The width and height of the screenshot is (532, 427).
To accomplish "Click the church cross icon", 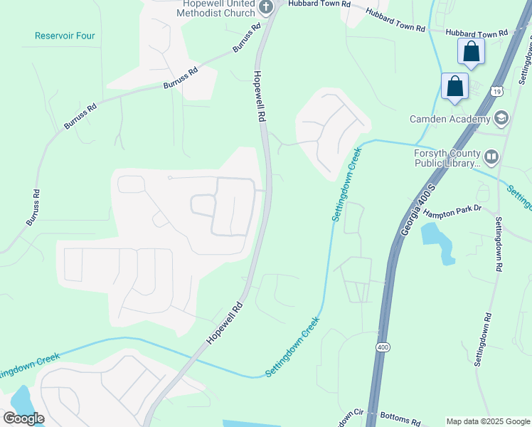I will tap(266, 8).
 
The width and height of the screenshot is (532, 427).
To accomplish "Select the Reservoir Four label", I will tap(65, 36).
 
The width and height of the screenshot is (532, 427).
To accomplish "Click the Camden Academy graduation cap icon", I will tap(501, 118).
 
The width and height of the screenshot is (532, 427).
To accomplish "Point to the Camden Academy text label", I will tap(449, 119).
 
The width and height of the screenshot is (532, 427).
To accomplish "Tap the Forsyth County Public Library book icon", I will tap(491, 157).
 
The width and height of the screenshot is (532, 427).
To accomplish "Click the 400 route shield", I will tap(383, 347).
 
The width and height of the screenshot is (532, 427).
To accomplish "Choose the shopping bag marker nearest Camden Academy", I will tap(454, 87).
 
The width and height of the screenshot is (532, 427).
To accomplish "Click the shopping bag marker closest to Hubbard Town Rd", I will tap(471, 51).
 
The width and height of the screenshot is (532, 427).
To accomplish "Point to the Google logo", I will tap(23, 418).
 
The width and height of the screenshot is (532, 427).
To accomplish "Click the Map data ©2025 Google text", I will tap(487, 421).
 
